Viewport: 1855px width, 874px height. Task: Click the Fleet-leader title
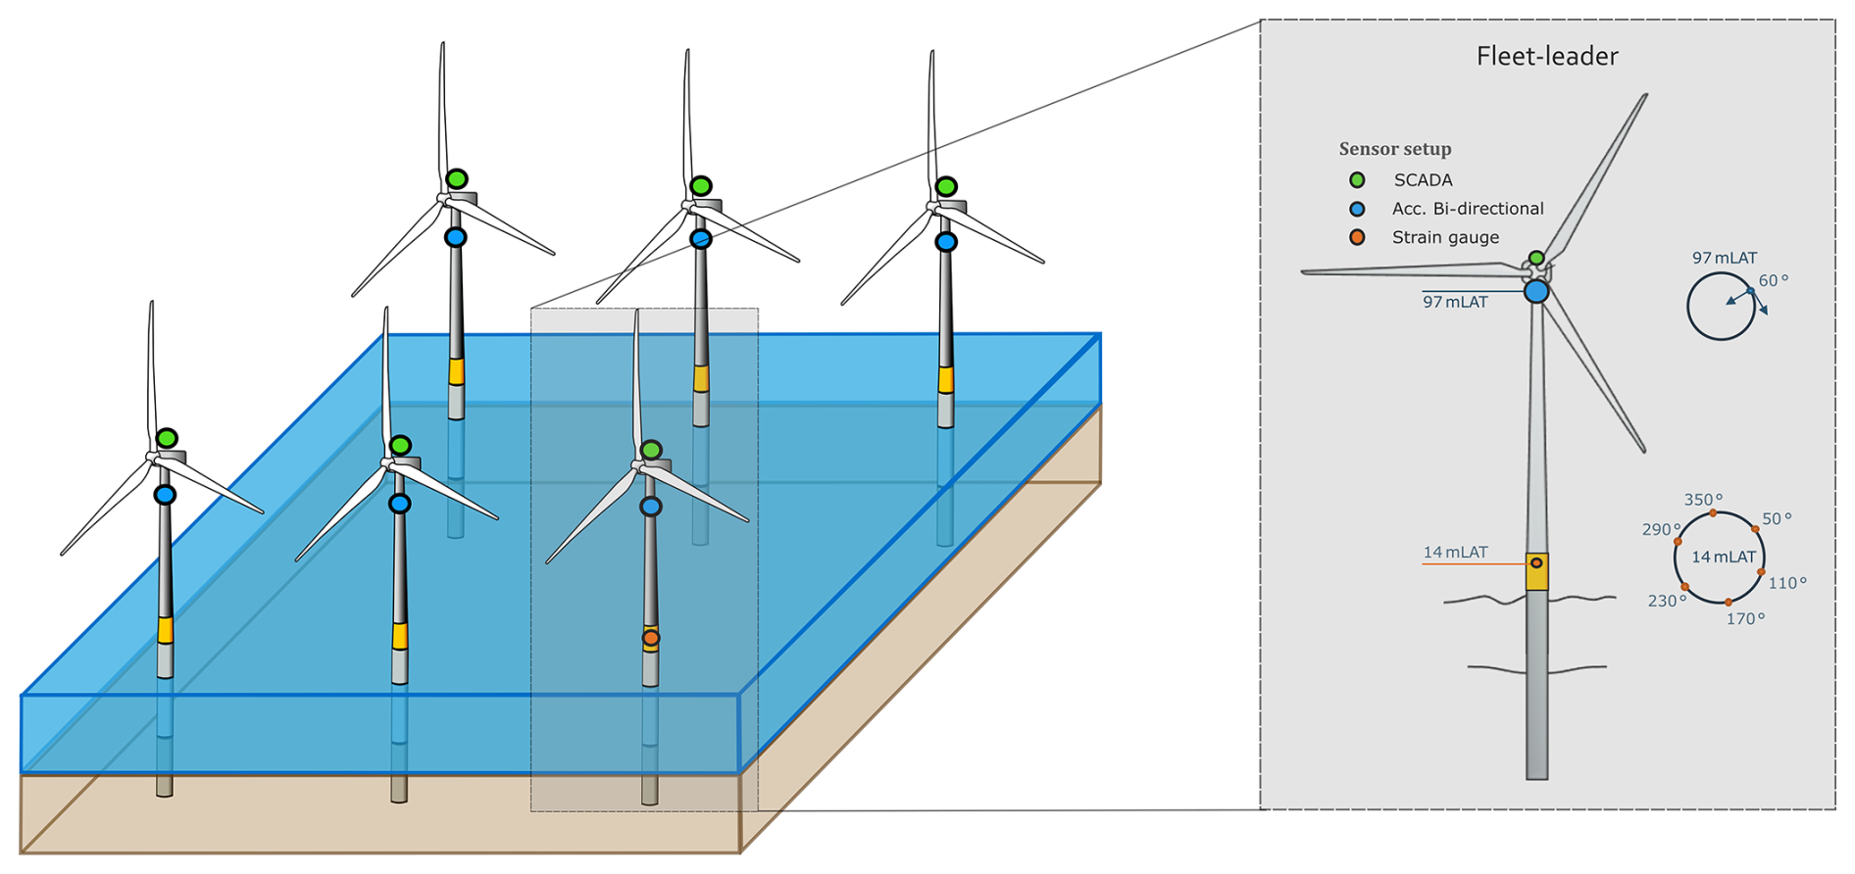coord(1546,57)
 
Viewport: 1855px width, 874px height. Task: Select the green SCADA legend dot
coord(1357,180)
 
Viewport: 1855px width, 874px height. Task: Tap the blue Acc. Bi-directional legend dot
coord(1357,209)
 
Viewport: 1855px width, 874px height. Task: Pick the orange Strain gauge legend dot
coord(1357,237)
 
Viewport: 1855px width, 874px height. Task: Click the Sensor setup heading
coord(1394,149)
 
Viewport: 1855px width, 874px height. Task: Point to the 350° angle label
coord(1703,500)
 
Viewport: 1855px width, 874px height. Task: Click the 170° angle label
coord(1745,619)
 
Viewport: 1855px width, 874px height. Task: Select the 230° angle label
coord(1667,601)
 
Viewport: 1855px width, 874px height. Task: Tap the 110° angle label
coord(1786,583)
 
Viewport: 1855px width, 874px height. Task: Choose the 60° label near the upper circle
coord(1773,280)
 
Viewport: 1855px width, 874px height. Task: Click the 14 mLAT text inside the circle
coord(1723,557)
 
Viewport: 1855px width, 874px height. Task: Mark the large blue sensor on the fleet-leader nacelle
coord(1536,291)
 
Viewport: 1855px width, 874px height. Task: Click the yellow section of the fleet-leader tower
coord(1536,573)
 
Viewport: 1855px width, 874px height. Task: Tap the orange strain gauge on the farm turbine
coord(650,639)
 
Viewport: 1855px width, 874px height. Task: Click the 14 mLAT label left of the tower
coord(1455,553)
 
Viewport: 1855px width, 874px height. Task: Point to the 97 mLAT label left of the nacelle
coord(1455,302)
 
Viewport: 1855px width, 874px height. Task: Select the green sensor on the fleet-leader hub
coord(1536,259)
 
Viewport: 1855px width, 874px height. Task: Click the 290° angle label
coord(1660,529)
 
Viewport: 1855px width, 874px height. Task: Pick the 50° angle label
coord(1777,518)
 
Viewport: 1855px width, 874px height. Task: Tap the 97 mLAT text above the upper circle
coord(1724,258)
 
